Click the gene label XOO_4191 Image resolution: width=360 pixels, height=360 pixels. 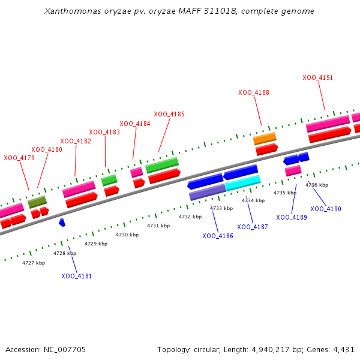pos(318,77)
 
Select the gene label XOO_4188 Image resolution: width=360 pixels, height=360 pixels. pos(254,92)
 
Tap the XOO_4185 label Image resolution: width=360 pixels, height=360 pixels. pos(169,114)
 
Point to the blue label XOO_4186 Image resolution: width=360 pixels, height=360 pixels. pos(218,236)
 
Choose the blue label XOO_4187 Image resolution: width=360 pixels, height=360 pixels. pos(253,227)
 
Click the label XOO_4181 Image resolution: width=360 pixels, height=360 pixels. pos(77,276)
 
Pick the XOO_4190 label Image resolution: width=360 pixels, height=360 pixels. pos(326,209)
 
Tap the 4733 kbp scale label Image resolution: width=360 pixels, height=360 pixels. pos(221,208)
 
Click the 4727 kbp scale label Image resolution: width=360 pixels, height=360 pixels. pos(34,263)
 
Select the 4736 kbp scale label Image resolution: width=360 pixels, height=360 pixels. pos(317,185)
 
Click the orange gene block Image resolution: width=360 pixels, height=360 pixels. pos(265,139)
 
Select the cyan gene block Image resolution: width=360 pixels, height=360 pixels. pos(243,182)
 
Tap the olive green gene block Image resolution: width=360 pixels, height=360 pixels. pos(37,202)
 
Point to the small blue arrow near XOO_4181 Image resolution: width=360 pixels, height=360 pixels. pos(62,222)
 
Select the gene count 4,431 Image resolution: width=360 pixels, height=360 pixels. pos(344,349)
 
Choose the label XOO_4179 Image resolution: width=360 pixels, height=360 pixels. pos(19,158)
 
